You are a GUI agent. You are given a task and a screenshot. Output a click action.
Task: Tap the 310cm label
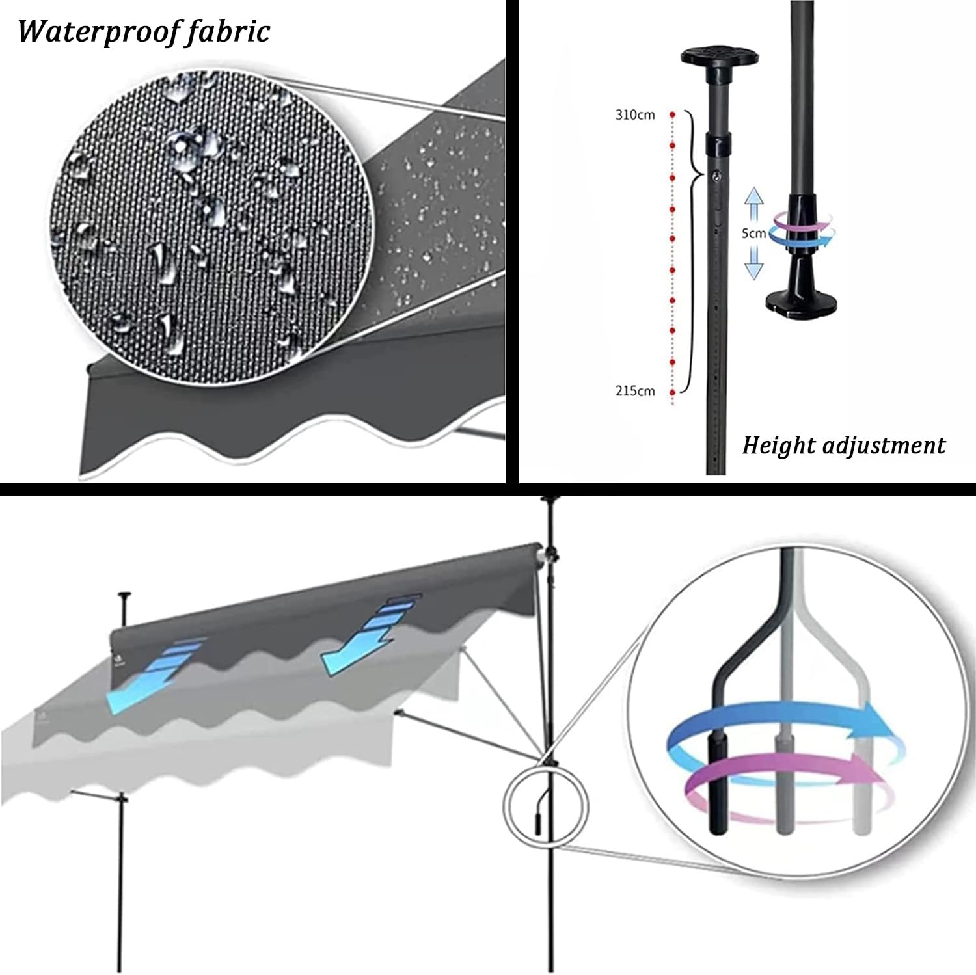click(x=634, y=115)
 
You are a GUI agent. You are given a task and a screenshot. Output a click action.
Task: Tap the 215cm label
click(x=634, y=391)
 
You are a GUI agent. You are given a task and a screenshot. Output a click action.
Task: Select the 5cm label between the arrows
click(x=753, y=233)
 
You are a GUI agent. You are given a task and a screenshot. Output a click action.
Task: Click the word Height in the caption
click(x=778, y=446)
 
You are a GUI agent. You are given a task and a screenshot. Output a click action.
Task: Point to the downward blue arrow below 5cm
click(x=753, y=261)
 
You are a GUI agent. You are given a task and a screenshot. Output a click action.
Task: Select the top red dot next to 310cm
click(x=673, y=114)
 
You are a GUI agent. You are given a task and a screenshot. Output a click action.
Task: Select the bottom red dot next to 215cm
click(x=673, y=393)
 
